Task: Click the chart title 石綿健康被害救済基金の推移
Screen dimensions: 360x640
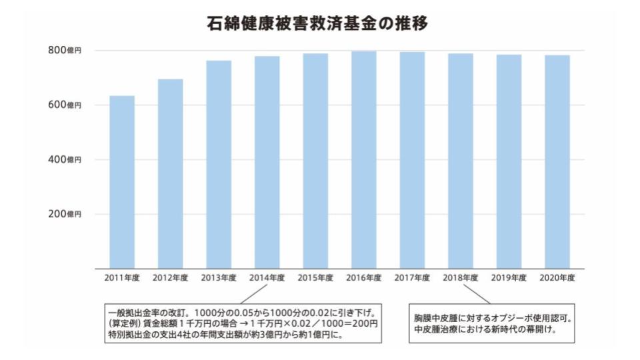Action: point(317,25)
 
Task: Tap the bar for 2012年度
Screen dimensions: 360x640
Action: point(170,173)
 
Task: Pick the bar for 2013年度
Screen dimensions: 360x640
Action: point(219,164)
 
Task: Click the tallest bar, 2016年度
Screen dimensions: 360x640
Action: point(363,159)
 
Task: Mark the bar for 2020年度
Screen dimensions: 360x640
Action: point(557,161)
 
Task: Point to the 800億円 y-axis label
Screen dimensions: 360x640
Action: point(64,51)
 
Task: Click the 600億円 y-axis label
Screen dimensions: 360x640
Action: point(64,105)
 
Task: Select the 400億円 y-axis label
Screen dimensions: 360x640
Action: point(64,160)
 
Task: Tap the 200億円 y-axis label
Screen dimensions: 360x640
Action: point(64,215)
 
